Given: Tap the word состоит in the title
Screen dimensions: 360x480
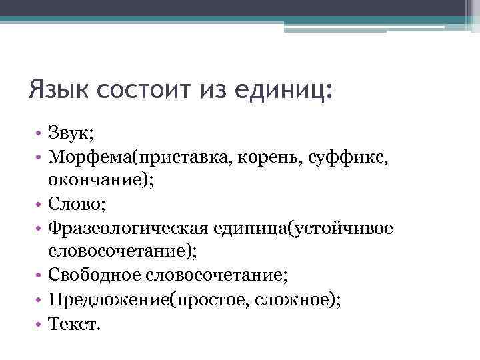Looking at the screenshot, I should pyautogui.click(x=141, y=88).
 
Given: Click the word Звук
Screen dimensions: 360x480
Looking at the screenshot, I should pyautogui.click(x=70, y=134).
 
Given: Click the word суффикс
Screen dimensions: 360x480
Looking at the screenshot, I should pyautogui.click(x=332, y=157).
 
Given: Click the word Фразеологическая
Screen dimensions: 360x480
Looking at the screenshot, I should pyautogui.click(x=125, y=227).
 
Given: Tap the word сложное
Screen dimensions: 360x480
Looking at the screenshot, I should pyautogui.click(x=294, y=297).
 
